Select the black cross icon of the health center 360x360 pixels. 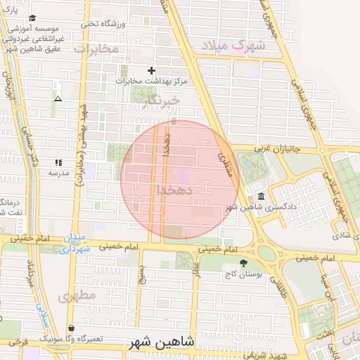pyautogui.click(x=151, y=70)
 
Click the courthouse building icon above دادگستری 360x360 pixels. pyautogui.click(x=262, y=196)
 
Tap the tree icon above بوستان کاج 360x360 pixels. pyautogui.click(x=243, y=264)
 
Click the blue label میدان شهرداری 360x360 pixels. pyautogui.click(x=75, y=243)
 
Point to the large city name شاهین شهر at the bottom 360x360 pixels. pyautogui.click(x=160, y=342)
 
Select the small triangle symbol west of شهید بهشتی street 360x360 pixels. pyautogui.click(x=58, y=98)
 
